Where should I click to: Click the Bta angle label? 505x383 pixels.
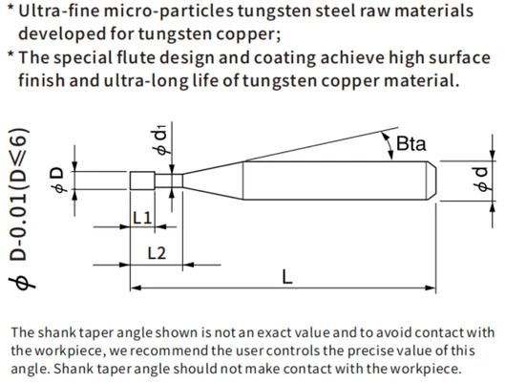click(410, 143)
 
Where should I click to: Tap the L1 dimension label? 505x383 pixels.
click(142, 218)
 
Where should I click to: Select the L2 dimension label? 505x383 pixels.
click(157, 253)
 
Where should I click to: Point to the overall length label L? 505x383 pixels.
click(287, 277)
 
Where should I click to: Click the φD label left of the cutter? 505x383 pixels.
click(57, 180)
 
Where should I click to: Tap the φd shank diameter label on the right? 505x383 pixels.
click(482, 179)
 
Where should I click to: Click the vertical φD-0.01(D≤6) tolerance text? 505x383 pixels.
click(20, 209)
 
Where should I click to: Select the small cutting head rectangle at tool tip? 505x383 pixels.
click(142, 181)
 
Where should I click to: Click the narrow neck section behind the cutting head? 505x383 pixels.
click(169, 181)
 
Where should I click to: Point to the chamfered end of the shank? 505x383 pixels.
click(431, 181)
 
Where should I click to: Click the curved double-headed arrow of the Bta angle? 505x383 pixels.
click(389, 145)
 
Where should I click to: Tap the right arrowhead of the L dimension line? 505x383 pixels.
click(430, 287)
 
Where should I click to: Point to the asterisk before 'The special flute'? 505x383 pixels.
click(11, 54)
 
